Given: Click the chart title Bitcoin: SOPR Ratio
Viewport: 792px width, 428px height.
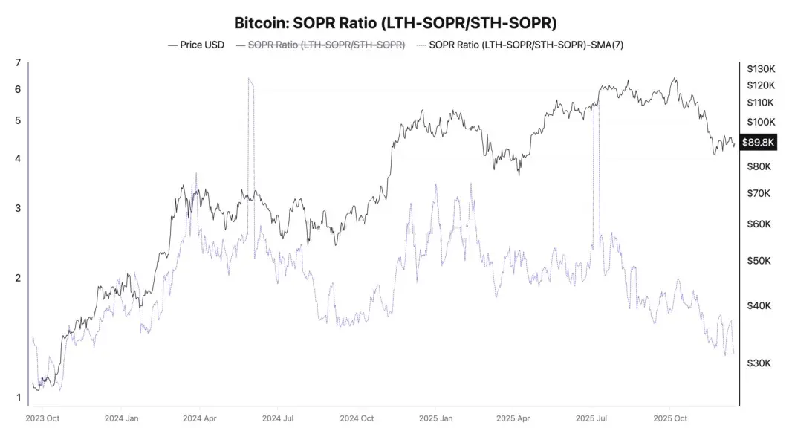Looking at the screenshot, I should [x=395, y=22].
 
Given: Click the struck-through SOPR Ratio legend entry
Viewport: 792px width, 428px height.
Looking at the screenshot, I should [x=326, y=45].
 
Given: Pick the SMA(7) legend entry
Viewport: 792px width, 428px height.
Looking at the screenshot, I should [x=531, y=45].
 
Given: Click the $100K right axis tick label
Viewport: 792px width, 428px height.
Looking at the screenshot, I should [x=762, y=122].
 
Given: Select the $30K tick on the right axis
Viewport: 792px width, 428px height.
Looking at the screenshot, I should [x=759, y=363].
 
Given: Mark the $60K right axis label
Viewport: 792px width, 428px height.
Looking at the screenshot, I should [x=759, y=224].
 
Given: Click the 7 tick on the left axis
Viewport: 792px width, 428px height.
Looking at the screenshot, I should [x=18, y=63].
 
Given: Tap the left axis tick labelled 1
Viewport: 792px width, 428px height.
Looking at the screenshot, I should [x=18, y=398].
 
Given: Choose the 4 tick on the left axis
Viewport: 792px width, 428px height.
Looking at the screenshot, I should [x=18, y=158].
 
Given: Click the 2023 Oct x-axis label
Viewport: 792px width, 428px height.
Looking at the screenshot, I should [x=42, y=418].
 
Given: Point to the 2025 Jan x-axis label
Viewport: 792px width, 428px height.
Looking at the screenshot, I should [x=437, y=418].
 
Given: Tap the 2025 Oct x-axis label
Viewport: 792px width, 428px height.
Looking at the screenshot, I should [x=671, y=418].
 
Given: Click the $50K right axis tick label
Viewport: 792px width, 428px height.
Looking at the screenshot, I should [x=759, y=262].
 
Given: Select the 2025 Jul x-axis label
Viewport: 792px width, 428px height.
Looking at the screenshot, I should [x=592, y=418].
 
